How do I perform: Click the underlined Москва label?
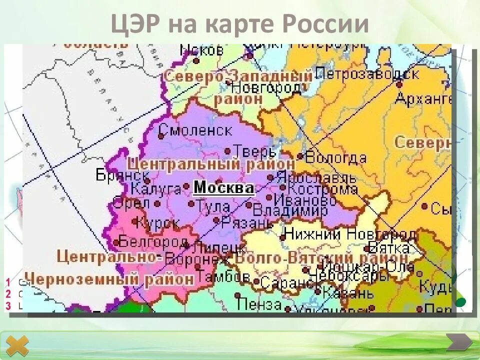(224, 188)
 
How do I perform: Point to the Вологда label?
(335, 158)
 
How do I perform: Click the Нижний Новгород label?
(350, 234)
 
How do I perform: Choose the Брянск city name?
(122, 175)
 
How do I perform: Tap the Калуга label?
(155, 189)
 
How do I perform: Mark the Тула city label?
(213, 205)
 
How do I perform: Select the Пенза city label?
(259, 303)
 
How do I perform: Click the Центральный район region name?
(210, 164)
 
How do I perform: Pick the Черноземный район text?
(109, 278)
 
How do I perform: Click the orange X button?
(17, 346)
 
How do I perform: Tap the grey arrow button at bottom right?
(458, 342)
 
